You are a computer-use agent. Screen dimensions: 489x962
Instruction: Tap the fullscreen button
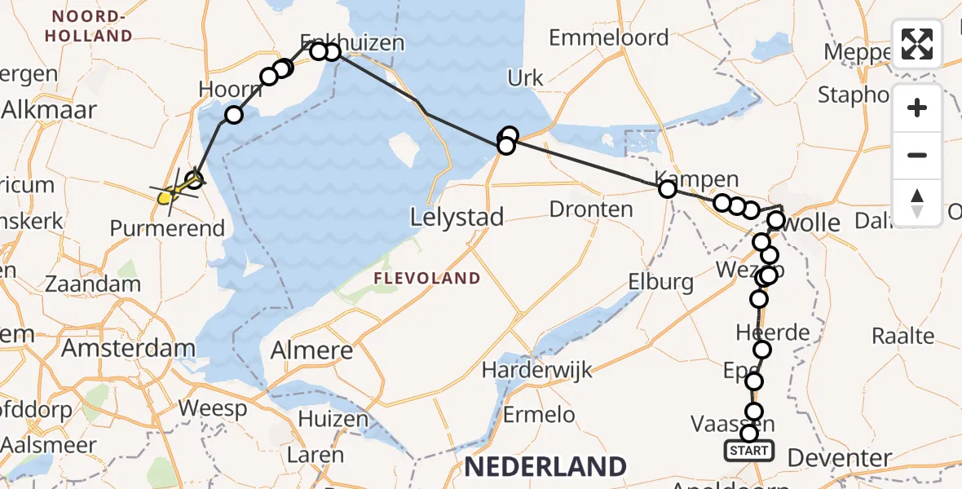click(x=917, y=44)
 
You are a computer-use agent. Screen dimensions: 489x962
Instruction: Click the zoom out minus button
click(x=917, y=155)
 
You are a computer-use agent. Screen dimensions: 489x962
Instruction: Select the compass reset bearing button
click(x=917, y=201)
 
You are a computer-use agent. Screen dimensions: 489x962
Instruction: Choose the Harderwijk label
click(x=534, y=369)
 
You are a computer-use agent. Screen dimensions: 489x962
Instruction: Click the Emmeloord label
click(x=608, y=37)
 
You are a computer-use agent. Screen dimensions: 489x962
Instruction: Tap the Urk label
click(x=525, y=79)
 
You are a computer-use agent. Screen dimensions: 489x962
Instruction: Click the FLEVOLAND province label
click(x=427, y=279)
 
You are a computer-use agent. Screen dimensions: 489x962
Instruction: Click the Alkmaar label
click(x=49, y=110)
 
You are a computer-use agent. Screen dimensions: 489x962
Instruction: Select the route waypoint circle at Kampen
click(x=668, y=190)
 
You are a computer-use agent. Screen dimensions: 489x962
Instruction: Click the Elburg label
click(x=660, y=283)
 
